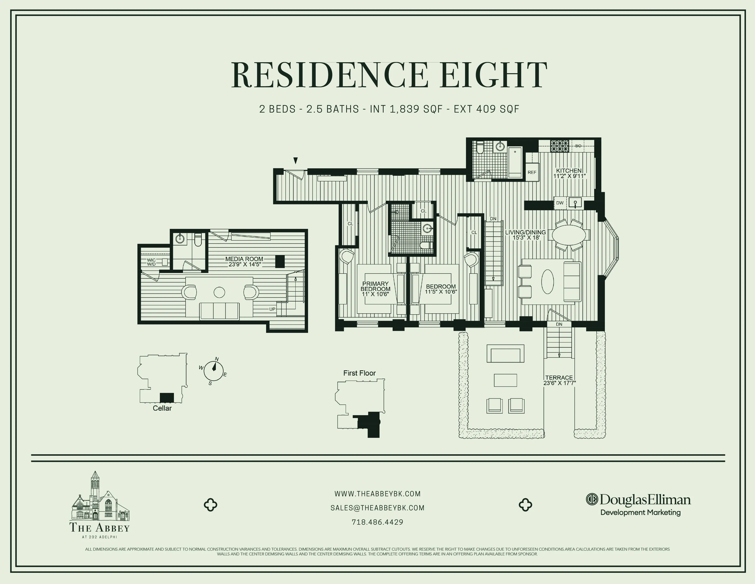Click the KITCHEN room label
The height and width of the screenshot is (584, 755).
(569, 171)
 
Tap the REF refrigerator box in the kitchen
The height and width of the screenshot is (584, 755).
(532, 172)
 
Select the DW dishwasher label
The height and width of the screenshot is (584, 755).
(560, 203)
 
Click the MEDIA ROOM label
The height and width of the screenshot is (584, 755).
(244, 259)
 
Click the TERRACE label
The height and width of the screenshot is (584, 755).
(559, 377)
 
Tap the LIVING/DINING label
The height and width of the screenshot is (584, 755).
(525, 232)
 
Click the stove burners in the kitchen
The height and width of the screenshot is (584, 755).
(560, 146)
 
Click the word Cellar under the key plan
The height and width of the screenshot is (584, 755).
(162, 408)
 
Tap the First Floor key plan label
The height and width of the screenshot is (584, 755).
(359, 373)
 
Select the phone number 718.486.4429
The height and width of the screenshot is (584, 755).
(377, 522)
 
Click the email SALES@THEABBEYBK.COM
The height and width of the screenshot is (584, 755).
(377, 508)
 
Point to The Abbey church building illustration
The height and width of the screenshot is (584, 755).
(100, 497)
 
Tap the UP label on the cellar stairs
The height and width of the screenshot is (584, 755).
(272, 309)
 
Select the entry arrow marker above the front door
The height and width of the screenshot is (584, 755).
(295, 160)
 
